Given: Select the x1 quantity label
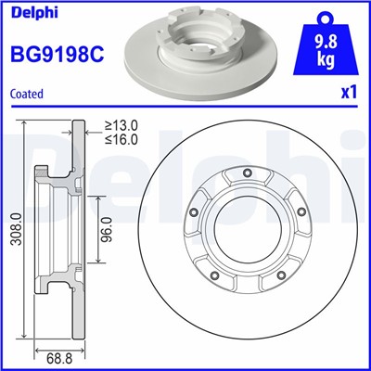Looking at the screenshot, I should (350, 93).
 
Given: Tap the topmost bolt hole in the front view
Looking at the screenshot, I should (246, 173).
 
